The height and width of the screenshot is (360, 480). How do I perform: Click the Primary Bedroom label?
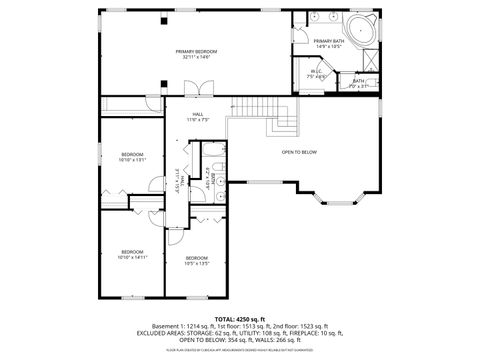pos(197,54)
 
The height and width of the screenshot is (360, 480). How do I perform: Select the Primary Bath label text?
pos(329,43)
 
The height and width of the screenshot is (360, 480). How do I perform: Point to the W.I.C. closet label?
pos(317,74)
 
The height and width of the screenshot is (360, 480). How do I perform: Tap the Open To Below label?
pos(299,152)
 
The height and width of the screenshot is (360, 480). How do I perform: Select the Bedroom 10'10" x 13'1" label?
pos(132,156)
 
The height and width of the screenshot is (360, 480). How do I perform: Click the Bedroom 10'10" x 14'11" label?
pos(132,254)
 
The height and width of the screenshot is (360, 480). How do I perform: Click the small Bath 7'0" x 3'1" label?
pos(359,84)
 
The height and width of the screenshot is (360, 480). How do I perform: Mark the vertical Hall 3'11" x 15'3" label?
pos(178,181)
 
